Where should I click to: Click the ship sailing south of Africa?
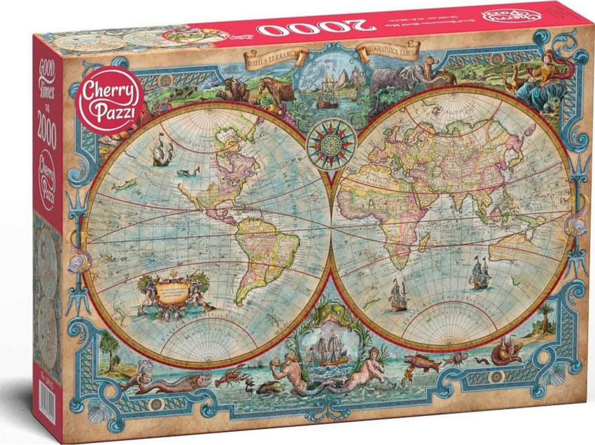click(399, 295)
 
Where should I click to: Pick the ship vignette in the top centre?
click(331, 86)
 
